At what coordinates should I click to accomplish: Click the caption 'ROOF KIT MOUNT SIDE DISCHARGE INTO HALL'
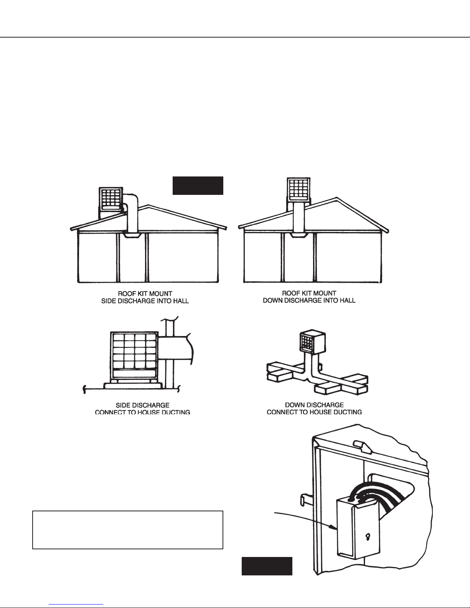click(142, 297)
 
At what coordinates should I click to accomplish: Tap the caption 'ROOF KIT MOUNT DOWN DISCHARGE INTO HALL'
click(309, 297)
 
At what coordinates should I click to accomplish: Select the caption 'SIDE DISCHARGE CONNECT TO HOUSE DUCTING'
click(142, 409)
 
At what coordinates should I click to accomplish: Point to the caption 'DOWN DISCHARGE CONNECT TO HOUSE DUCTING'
click(314, 408)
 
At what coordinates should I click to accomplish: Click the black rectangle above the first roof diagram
click(198, 186)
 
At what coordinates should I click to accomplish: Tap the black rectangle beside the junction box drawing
click(267, 566)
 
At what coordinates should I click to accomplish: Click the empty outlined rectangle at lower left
click(128, 530)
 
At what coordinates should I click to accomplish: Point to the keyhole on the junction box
click(367, 536)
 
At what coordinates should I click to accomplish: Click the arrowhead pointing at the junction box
click(333, 528)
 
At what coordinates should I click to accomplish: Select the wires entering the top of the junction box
click(364, 495)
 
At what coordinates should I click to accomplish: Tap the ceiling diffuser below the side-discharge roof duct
click(132, 235)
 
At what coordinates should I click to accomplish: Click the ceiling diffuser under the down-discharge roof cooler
click(298, 235)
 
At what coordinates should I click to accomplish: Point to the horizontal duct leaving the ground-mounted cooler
click(175, 348)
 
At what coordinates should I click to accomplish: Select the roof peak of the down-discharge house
click(337, 199)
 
